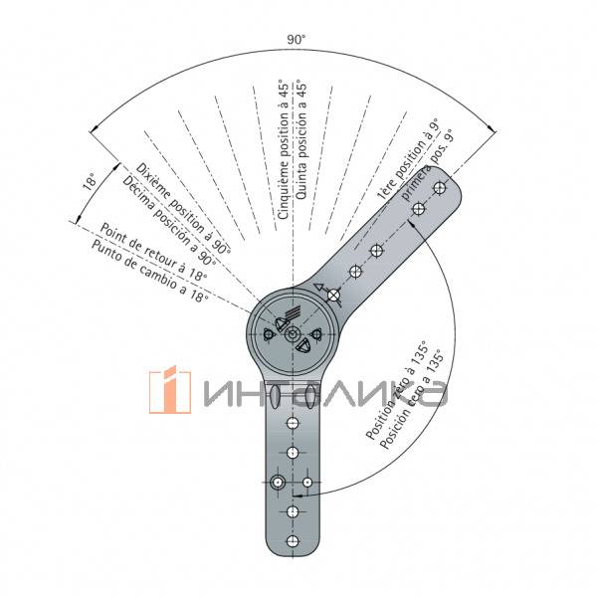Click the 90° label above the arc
(296, 39)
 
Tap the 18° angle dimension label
(91, 181)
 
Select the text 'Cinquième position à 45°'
(284, 149)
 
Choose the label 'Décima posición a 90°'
(169, 221)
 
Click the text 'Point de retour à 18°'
(153, 252)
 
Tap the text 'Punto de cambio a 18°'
(150, 271)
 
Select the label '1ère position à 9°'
(408, 159)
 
